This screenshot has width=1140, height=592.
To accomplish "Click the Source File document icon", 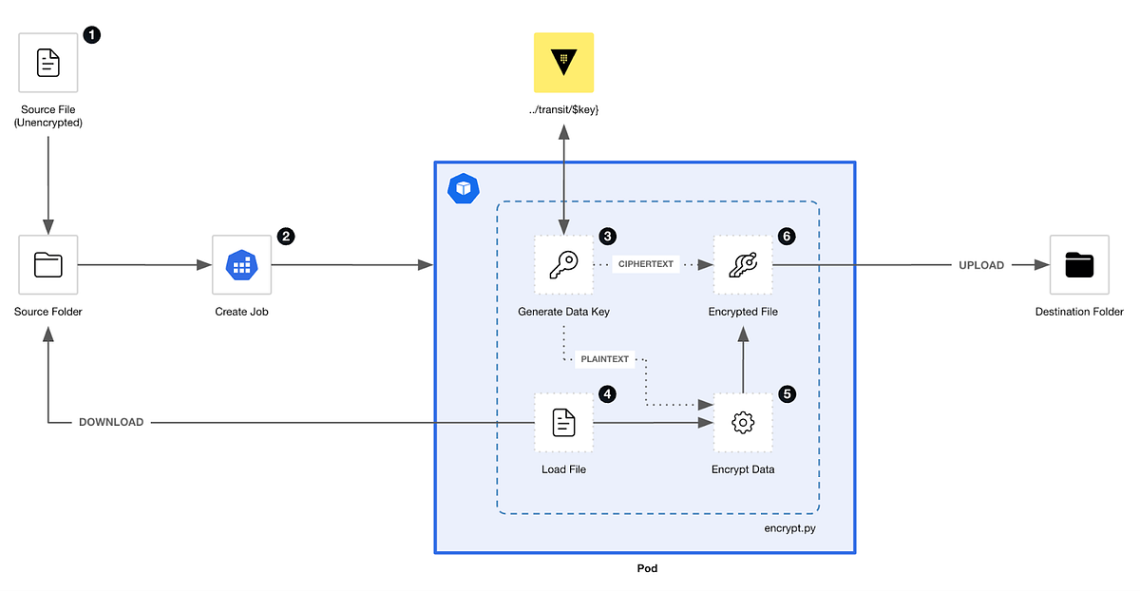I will point(47,63).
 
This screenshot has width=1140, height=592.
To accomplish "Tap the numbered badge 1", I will point(91,34).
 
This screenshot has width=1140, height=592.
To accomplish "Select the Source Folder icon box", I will point(47,265).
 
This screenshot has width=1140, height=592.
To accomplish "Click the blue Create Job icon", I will point(241,265).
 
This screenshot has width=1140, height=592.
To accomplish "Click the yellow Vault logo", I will point(563,62).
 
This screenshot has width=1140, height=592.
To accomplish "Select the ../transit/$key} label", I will point(563,110).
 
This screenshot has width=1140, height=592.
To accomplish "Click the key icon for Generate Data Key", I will point(563,265).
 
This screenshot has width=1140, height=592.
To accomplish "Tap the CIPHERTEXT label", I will point(646,266).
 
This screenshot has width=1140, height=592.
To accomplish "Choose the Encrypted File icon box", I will point(743,265).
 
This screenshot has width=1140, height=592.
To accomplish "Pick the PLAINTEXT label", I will point(605,359).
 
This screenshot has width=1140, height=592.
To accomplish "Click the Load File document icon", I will point(563,422).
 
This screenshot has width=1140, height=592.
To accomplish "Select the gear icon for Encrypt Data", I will point(743,422).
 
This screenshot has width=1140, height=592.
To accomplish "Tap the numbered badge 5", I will point(786,392).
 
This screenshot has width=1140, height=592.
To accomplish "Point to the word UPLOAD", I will point(980,265).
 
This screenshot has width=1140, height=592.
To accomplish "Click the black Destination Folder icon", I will point(1079,265).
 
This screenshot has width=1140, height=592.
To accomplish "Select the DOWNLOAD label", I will point(111,422).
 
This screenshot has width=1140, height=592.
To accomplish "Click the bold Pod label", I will point(646,568).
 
